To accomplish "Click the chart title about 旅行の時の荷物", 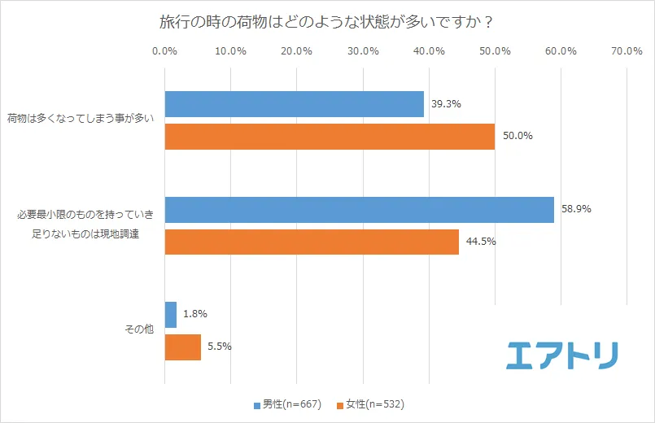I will (x=326, y=21).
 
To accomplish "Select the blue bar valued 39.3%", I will (x=295, y=104).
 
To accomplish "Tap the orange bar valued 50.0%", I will (x=330, y=137).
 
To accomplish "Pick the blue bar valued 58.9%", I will (x=359, y=210).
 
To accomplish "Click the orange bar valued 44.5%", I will (x=312, y=242).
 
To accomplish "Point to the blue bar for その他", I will (x=171, y=315).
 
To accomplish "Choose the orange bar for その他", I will (x=183, y=347).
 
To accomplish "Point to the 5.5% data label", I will (x=219, y=347).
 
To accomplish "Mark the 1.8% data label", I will (x=194, y=314).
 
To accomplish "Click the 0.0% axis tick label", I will (x=165, y=51).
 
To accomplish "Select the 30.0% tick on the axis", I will (x=363, y=51).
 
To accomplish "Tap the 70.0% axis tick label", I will (x=627, y=51).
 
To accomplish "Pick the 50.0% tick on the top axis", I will (x=495, y=51).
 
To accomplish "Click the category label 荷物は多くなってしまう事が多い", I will (x=80, y=120).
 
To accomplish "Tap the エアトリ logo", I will (x=561, y=354).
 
